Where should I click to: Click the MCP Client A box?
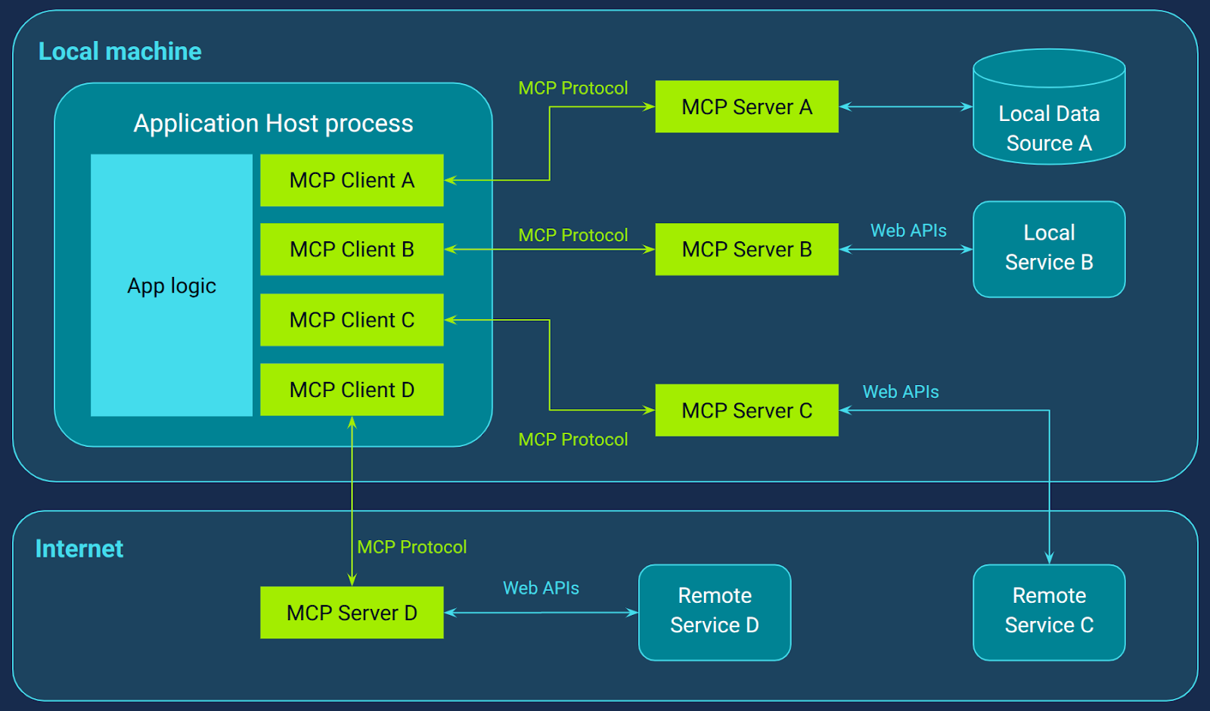pos(352,180)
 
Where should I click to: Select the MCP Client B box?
pos(352,249)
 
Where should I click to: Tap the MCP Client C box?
pos(352,320)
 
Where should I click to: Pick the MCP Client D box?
pos(352,390)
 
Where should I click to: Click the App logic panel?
pos(172,285)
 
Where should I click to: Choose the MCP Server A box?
pos(746,107)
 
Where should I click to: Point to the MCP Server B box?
pos(746,249)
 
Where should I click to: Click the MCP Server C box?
pos(746,410)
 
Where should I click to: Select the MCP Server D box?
pos(352,613)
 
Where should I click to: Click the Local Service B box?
pos(1049,249)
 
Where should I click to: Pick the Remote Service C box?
pos(1049,611)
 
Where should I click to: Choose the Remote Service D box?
pos(715,611)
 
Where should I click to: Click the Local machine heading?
pos(119,51)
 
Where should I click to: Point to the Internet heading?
pos(79,548)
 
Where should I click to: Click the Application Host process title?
pos(273,123)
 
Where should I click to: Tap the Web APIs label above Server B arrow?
pos(908,231)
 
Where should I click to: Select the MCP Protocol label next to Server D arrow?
pos(411,547)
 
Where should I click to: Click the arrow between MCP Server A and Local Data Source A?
pos(905,107)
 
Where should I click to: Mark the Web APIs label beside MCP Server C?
pos(901,392)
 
